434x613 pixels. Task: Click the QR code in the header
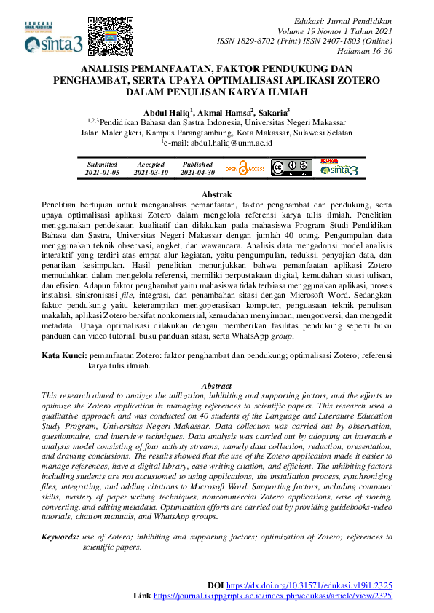tap(107, 34)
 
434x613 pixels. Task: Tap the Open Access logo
tap(245, 169)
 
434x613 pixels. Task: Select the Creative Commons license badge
tap(291, 169)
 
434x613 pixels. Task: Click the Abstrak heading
tap(216, 194)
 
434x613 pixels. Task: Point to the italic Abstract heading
tap(216, 386)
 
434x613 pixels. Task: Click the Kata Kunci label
tap(64, 355)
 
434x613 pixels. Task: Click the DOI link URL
tap(309, 585)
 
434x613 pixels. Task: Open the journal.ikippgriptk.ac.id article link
tap(273, 596)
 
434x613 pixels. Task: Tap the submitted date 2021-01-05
tap(102, 173)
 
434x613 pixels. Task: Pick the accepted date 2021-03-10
tap(151, 173)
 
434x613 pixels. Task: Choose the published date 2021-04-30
tap(197, 173)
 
